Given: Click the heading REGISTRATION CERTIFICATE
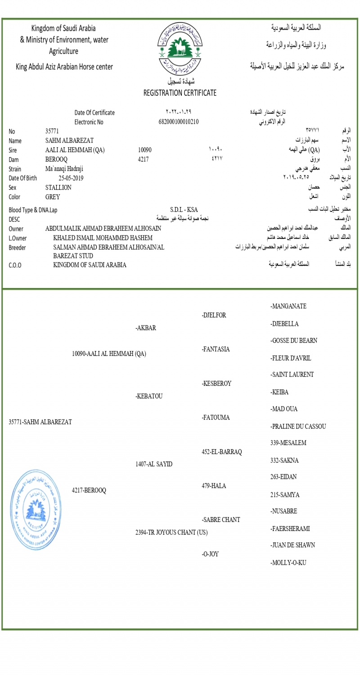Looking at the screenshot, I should click(180, 93).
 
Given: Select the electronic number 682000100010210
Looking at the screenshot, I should click(179, 121).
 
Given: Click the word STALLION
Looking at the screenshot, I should click(58, 187).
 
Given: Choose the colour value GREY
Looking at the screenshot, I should click(53, 197).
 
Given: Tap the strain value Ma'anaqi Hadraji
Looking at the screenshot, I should click(64, 169).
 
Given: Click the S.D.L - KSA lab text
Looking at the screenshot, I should click(184, 210).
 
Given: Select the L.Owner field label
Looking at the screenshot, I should click(18, 238).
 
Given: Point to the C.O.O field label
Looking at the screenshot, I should click(15, 265).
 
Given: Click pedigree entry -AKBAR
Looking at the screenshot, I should click(146, 328).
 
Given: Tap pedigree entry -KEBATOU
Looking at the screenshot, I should click(149, 396).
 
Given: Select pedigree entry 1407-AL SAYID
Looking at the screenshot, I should click(154, 464).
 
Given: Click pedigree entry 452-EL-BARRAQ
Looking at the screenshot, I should click(222, 452).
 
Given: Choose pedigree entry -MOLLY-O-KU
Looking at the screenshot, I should click(288, 562).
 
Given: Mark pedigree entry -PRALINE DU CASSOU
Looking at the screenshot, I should click(298, 426).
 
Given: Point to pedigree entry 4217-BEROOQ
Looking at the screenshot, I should click(89, 490).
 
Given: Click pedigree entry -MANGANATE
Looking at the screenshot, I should click(288, 306).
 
